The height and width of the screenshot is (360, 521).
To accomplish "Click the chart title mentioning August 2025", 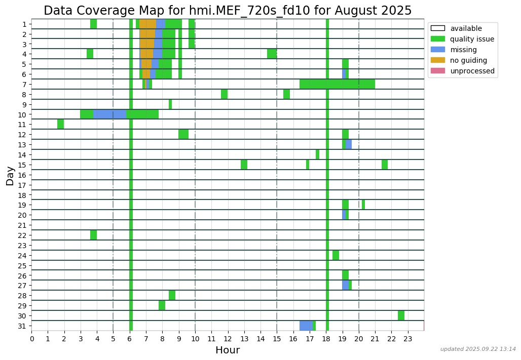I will pos(228,11).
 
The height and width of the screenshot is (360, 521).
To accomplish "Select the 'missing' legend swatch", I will pos(437,50).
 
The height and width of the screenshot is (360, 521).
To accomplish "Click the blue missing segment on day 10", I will pos(109,114).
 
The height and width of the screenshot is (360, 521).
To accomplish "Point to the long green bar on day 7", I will pos(337,84).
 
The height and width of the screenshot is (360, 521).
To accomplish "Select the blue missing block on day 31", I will pos(306,326).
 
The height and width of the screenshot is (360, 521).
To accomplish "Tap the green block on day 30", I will pos(401,315).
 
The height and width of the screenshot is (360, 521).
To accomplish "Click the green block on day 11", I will pos(60,124).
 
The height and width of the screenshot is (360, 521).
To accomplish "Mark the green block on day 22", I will pos(93,235).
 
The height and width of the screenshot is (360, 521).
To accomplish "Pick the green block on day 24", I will pos(336,255).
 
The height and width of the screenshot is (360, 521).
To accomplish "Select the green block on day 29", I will pos(162,305).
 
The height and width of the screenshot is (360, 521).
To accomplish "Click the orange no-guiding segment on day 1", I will pos(147,23).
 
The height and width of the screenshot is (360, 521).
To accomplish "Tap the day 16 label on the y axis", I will pos(23,175).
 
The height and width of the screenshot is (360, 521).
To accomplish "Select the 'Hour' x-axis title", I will pos(228,350).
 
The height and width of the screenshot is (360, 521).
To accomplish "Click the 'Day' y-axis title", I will pos(10,176).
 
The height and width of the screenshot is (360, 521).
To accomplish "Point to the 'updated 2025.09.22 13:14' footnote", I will pos(478,349).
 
